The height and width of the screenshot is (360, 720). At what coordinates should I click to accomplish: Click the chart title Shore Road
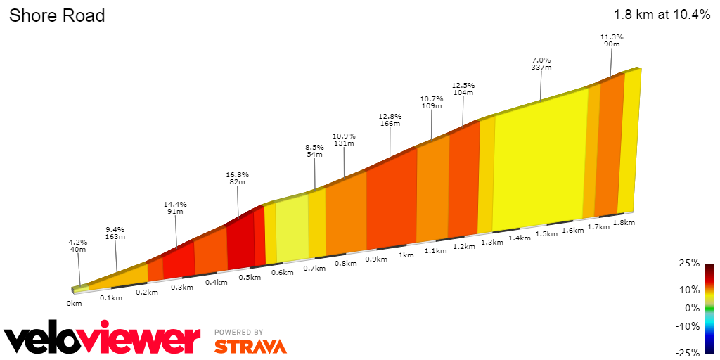coord(57,15)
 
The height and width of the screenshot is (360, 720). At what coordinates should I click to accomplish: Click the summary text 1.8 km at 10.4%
coord(662,15)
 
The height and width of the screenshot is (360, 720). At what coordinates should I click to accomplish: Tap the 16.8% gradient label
coord(237,178)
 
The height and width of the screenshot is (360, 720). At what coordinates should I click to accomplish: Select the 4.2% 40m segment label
coord(77,245)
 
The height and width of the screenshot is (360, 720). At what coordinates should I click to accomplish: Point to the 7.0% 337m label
coord(541,63)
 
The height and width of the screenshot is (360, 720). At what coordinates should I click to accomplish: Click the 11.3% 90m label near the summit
coord(612,40)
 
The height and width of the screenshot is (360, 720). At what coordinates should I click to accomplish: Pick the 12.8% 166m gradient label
coord(390,120)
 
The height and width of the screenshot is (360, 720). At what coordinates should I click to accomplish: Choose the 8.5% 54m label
coord(314,150)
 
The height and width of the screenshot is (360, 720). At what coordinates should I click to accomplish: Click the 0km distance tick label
coord(75,303)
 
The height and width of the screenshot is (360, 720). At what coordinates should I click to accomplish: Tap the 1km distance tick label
coord(406,255)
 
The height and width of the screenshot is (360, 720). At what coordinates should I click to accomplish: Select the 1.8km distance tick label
coord(624,223)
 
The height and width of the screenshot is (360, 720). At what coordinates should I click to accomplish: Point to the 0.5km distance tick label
coord(250,277)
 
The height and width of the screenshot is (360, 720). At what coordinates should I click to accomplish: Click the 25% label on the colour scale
coord(690,263)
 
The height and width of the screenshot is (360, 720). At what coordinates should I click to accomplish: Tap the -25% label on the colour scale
coord(688,352)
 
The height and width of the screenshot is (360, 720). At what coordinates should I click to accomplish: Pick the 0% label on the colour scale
coord(693,307)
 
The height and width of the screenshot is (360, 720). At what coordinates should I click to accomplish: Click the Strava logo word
coord(250,346)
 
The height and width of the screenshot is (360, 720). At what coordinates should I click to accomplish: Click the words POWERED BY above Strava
coord(239,332)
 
